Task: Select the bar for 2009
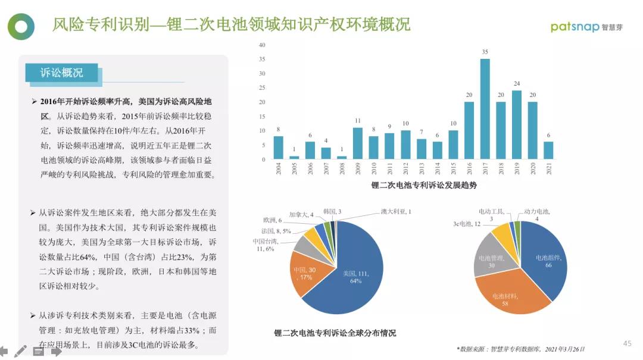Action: coord(357,143)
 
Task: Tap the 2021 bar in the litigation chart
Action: coord(548,151)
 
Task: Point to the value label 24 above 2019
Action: coord(517,83)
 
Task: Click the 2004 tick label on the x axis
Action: coord(279,168)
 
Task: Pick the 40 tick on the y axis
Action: coord(262,45)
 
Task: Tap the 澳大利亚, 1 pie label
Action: coord(396,212)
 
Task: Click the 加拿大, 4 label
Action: coord(301,214)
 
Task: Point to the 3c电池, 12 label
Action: coord(467,224)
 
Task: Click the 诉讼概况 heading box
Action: coord(62,73)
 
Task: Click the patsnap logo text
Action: coord(575,26)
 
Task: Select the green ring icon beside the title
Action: coord(21,26)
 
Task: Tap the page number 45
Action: coord(627,343)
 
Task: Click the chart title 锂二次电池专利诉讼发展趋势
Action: coord(424,185)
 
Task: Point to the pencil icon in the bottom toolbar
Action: coord(21,351)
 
